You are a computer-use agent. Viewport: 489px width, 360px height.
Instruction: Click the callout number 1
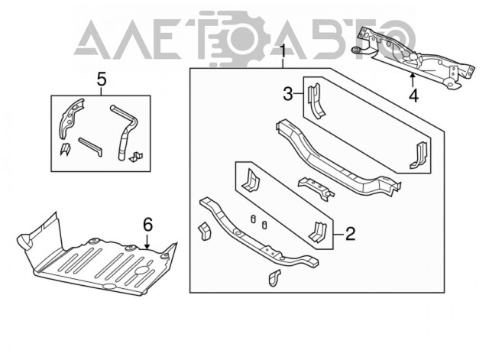283,51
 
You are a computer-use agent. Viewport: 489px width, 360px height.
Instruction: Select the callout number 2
350,233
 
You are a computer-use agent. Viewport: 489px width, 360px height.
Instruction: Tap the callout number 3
288,94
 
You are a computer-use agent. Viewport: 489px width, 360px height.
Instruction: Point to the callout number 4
413,96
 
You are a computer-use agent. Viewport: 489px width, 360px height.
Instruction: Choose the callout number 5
102,79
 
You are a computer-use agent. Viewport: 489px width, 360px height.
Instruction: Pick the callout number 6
147,225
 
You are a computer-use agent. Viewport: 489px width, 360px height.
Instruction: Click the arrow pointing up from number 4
413,79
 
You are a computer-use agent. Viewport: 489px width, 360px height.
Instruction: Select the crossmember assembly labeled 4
413,58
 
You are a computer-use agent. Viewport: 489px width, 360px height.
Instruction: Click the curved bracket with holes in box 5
70,118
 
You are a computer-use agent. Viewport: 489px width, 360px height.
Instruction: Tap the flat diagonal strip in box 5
90,147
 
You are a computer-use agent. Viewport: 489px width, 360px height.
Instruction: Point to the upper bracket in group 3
316,100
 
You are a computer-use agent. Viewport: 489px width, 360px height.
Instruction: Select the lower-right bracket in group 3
418,155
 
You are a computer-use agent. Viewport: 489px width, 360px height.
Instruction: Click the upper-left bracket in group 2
250,180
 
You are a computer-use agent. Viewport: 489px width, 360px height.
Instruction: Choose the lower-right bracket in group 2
317,232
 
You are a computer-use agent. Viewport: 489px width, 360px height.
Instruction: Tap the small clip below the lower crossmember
274,277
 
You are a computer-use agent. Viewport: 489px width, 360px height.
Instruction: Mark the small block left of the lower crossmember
204,231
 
